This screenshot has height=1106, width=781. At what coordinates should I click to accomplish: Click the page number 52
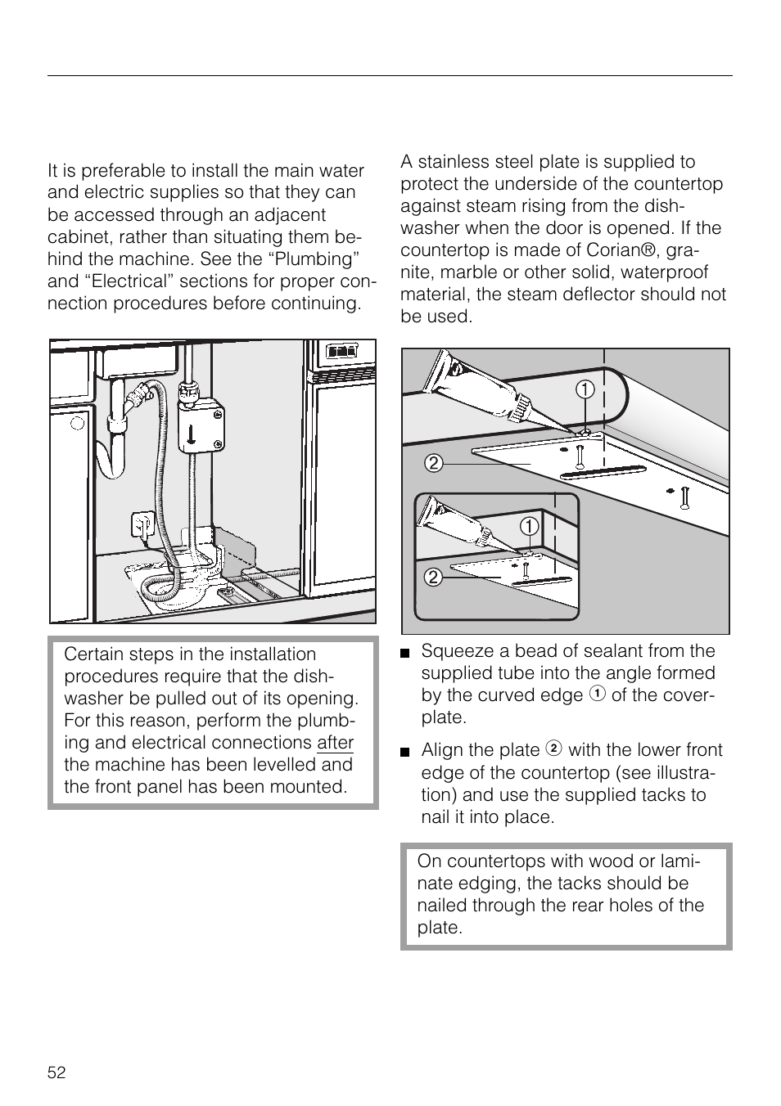click(x=56, y=1072)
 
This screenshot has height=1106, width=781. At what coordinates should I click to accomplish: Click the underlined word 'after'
click(x=335, y=743)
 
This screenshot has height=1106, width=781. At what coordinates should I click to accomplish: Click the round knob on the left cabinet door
click(x=78, y=423)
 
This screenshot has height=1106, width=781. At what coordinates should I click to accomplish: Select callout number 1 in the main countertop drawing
click(x=584, y=390)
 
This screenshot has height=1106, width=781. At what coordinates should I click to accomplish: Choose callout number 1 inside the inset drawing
click(x=530, y=525)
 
